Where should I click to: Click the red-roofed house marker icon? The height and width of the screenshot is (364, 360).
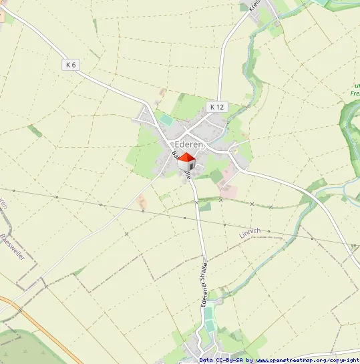coord(187,162)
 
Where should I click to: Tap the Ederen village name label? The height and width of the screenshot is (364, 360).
coord(189,145)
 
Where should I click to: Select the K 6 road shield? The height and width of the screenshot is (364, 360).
coord(71,65)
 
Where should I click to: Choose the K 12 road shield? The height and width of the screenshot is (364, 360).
coord(217,106)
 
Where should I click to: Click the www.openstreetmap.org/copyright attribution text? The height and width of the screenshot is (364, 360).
coord(308,360)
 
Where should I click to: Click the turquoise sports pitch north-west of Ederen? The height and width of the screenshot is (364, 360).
coord(166,120)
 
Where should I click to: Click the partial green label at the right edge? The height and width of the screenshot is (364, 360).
coord(354,89)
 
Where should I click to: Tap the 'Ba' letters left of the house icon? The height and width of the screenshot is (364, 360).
coord(174,155)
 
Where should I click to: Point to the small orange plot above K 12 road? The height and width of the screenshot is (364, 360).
coord(162,92)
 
